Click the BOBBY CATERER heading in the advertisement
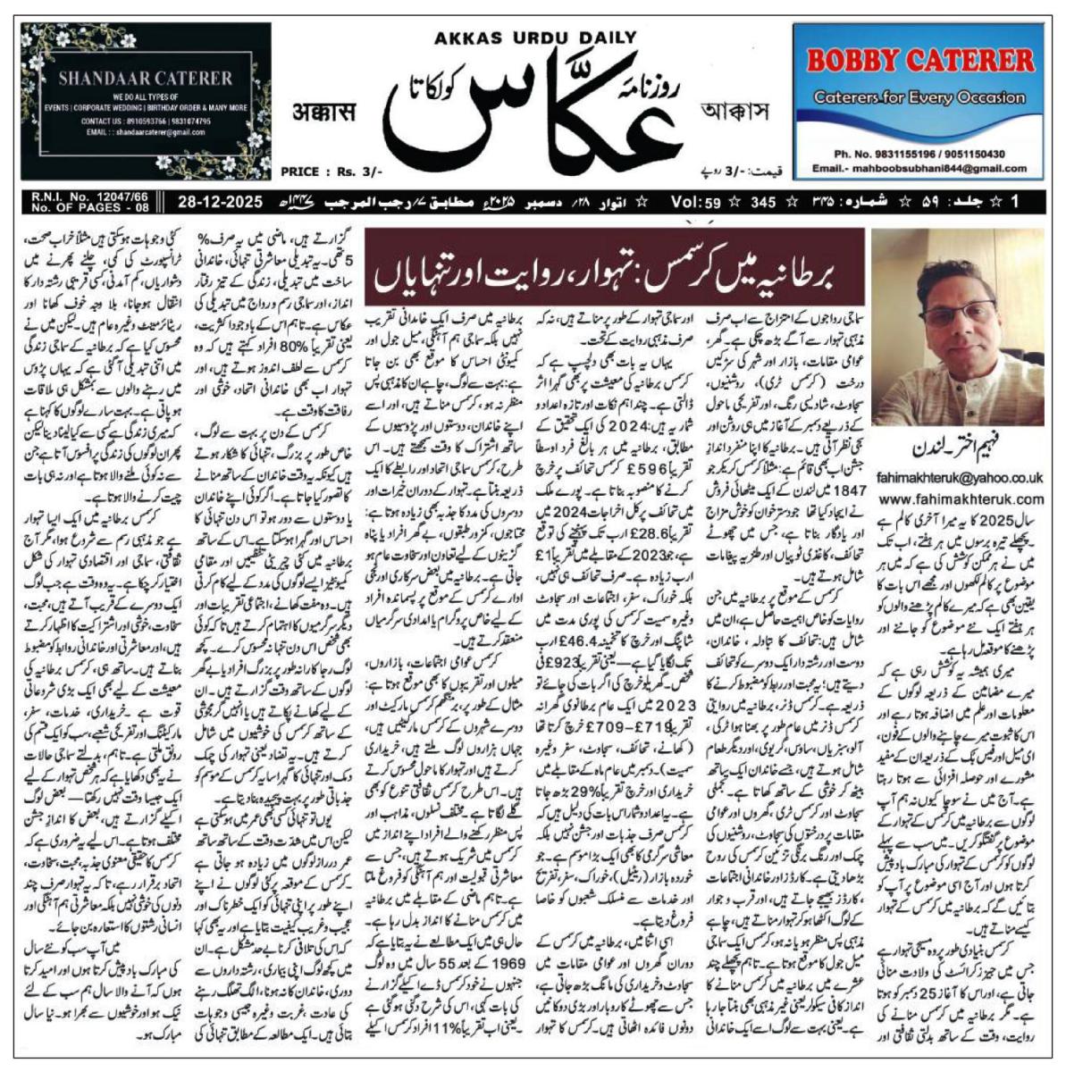click(919, 62)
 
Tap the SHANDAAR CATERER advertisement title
click(145, 78)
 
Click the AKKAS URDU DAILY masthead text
click(535, 38)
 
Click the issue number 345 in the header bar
click(762, 202)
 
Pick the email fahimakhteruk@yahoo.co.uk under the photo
click(961, 479)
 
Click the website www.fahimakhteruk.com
click(961, 498)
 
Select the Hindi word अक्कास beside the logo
click(324, 113)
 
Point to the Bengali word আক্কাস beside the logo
click(735, 113)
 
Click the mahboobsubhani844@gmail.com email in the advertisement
click(928, 168)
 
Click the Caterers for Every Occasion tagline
click(918, 97)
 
